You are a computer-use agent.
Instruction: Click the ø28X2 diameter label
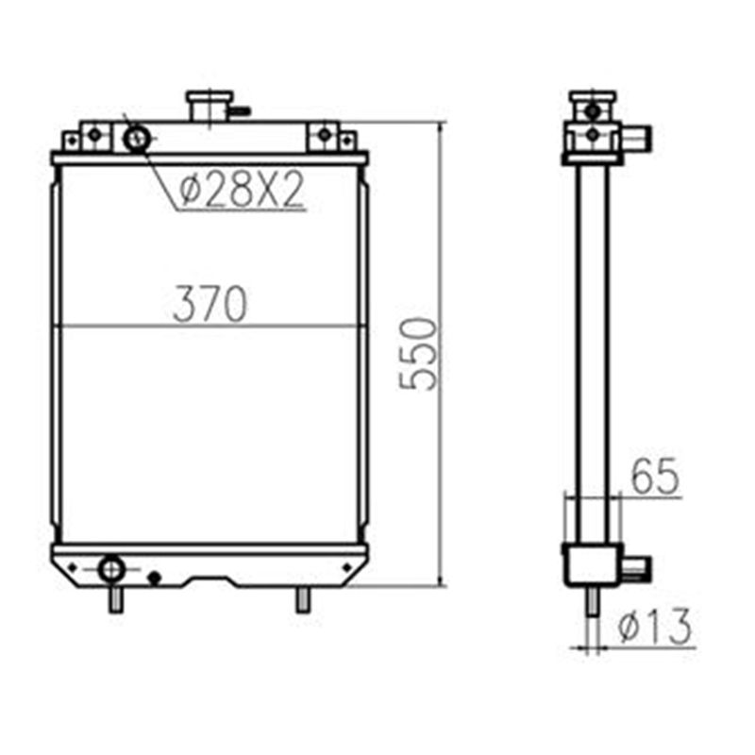[242, 191]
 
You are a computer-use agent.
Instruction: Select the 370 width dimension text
[210, 304]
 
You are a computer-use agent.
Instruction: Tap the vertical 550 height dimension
[419, 354]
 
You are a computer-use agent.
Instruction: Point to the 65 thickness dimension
[655, 478]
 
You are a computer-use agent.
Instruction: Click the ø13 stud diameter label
[655, 626]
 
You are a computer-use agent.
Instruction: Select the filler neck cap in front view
[207, 104]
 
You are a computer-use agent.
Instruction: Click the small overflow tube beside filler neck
[240, 110]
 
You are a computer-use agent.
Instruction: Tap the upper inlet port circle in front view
[137, 140]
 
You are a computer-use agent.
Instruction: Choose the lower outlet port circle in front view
[111, 569]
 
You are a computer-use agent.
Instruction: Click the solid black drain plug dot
[156, 577]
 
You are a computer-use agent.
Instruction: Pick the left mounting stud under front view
[114, 598]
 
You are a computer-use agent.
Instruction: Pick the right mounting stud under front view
[302, 598]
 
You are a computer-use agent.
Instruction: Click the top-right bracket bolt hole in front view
[325, 136]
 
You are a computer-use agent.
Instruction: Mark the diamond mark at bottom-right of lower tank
[347, 566]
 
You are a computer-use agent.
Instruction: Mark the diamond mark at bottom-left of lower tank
[68, 566]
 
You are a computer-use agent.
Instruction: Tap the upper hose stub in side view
[641, 140]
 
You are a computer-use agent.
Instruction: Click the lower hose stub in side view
[637, 566]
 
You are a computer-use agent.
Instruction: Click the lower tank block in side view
[591, 564]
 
